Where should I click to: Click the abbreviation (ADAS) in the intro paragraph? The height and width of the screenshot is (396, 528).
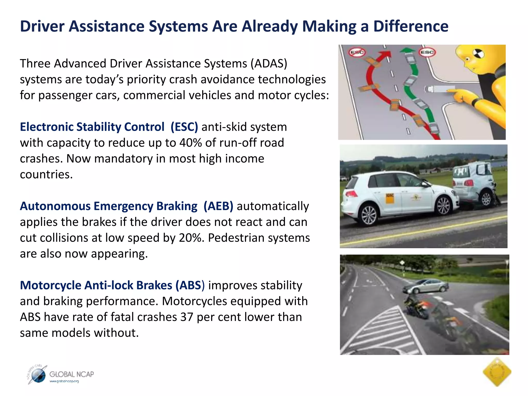coord(269,63)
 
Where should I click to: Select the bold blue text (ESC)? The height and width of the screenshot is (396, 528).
coord(184,127)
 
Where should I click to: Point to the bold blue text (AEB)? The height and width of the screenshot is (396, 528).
coord(218,206)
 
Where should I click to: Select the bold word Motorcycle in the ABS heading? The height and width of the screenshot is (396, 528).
coord(51,285)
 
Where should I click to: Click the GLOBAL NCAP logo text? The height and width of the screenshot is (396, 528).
coord(71,374)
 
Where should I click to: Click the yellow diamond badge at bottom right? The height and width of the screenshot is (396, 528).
coord(497,372)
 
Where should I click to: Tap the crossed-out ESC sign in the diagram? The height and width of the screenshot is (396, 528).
coord(357,52)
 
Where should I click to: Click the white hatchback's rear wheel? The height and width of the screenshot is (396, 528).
coord(369,215)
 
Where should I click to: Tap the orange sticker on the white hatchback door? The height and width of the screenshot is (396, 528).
coord(390,198)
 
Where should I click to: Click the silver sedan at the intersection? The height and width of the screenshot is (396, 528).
coord(425,286)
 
